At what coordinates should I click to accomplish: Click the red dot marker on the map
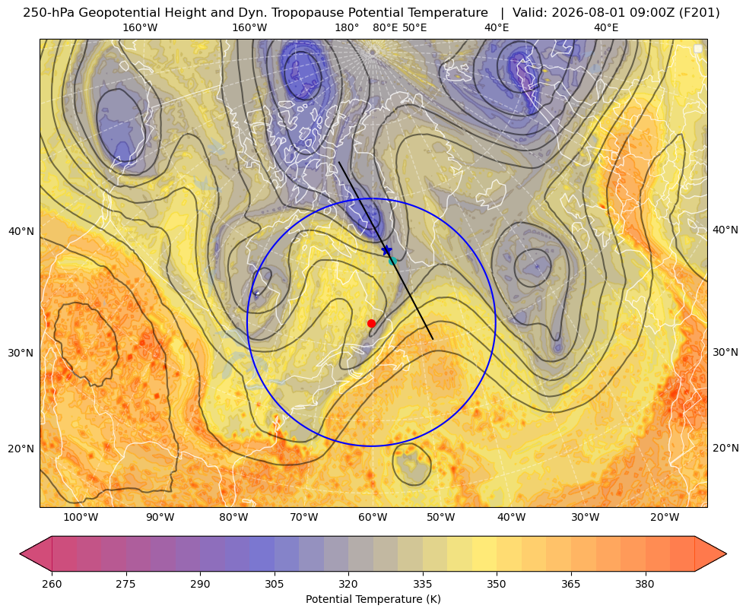[372, 323]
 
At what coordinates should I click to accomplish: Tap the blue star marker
[386, 249]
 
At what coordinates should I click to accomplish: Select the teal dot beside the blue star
[392, 261]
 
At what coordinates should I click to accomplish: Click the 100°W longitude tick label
[81, 518]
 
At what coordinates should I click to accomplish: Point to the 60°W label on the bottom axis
[373, 518]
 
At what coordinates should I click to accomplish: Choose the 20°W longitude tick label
[665, 518]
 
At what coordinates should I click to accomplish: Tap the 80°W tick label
[233, 518]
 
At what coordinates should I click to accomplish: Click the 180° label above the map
[347, 27]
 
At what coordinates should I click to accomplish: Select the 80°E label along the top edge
[386, 27]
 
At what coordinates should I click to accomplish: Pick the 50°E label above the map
[414, 27]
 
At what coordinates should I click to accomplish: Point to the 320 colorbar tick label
[348, 584]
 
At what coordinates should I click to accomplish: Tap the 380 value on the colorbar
[645, 584]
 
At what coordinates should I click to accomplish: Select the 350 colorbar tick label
[497, 584]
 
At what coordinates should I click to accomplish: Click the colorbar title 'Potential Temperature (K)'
[373, 599]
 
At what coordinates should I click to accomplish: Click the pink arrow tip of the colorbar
[21, 553]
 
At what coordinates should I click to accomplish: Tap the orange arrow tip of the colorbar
[725, 553]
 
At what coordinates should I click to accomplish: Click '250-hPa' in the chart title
[49, 13]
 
